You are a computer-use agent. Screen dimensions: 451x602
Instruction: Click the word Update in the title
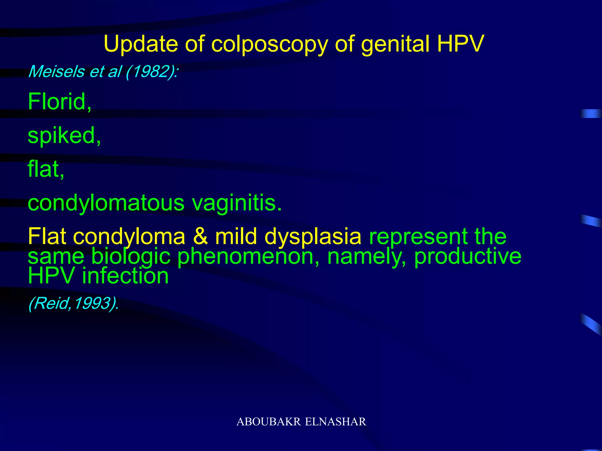141,44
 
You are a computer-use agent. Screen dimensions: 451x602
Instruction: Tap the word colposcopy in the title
269,45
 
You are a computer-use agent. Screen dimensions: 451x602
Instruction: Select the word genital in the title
395,45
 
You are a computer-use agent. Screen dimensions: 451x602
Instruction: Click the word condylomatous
106,203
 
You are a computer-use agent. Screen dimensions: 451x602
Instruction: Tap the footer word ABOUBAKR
268,422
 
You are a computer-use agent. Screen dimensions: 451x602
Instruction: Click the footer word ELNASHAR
335,422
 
